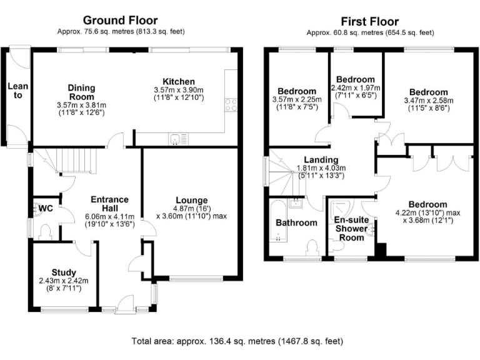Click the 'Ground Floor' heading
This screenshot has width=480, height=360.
tap(120, 21)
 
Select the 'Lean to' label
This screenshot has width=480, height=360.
tap(14, 91)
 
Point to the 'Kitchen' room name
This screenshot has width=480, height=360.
tap(179, 81)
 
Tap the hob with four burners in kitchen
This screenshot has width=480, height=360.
tap(231, 104)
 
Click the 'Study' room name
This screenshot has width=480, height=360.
tap(64, 272)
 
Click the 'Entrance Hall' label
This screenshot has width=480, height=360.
tap(109, 204)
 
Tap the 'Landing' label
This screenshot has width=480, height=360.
tap(321, 160)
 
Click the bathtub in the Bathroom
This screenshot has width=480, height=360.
tap(277, 222)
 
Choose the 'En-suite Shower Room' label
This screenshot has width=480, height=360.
tap(350, 228)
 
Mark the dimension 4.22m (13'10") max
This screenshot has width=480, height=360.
tap(427, 212)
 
